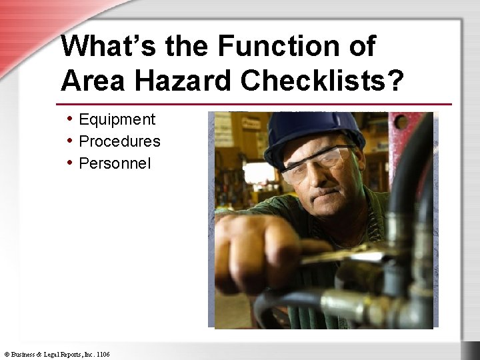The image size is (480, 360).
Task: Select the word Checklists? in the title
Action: tap(323, 80)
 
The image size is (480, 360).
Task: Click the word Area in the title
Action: tap(91, 80)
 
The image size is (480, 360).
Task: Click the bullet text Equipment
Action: tap(117, 120)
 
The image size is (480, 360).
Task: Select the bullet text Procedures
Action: tap(119, 141)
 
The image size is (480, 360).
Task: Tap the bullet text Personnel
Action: tap(115, 163)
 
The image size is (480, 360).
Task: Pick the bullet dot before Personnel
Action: tap(70, 163)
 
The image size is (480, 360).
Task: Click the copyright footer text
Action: tap(57, 354)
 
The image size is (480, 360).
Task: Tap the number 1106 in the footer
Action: tap(103, 354)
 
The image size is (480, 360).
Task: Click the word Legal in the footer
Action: tap(51, 354)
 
